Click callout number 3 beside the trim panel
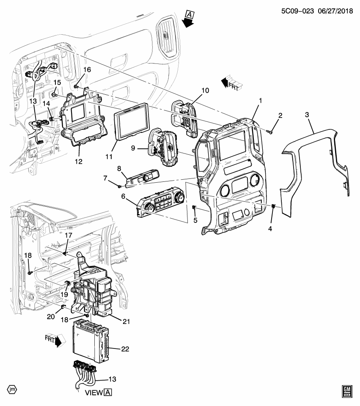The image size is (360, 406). click(x=307, y=114)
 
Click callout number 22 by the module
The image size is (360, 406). click(x=125, y=349)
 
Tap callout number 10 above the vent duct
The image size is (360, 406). click(x=205, y=91)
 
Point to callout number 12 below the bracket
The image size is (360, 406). click(x=79, y=161)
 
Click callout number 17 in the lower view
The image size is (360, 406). click(x=69, y=235)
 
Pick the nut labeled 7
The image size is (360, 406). click(x=120, y=185)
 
